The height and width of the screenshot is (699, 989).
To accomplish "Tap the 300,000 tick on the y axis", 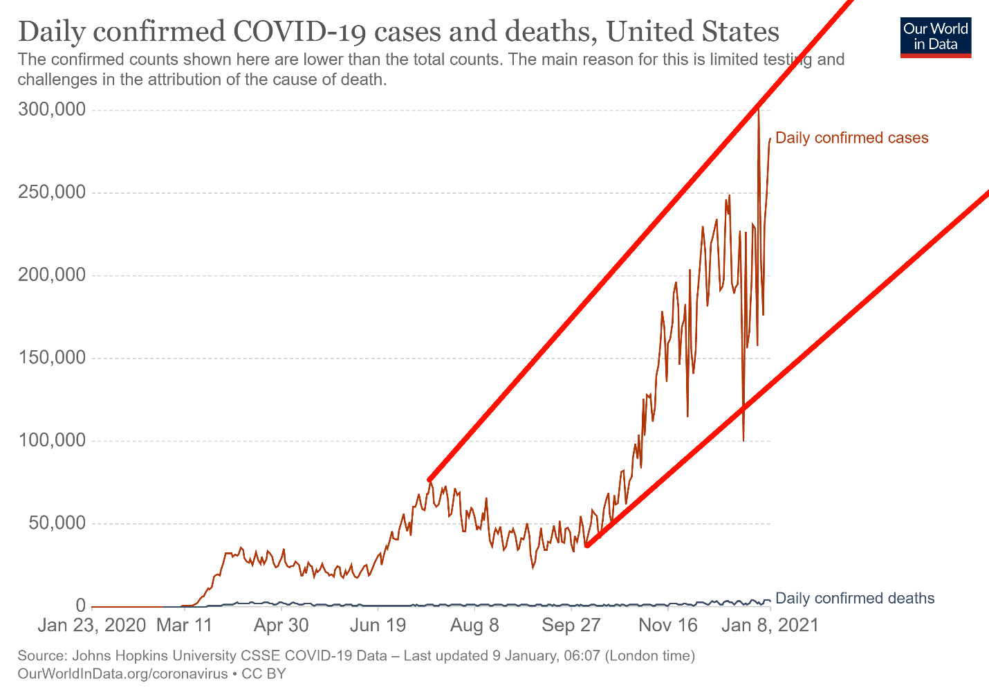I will pyautogui.click(x=53, y=110).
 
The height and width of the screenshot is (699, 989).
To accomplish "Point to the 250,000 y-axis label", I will pyautogui.click(x=53, y=192).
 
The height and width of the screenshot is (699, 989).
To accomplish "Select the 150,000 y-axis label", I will pyautogui.click(x=53, y=358).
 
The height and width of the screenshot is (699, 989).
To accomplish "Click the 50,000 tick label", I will pyautogui.click(x=57, y=523).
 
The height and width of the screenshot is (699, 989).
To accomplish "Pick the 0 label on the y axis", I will pyautogui.click(x=80, y=606).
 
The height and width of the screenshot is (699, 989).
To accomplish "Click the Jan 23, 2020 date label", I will pyautogui.click(x=92, y=626).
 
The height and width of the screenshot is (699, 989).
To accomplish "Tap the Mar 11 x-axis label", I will pyautogui.click(x=185, y=626).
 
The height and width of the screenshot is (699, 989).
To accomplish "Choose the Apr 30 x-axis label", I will pyautogui.click(x=281, y=626).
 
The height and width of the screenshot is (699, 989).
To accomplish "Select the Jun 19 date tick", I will pyautogui.click(x=378, y=626).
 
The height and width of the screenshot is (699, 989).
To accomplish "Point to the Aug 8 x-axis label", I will pyautogui.click(x=474, y=626).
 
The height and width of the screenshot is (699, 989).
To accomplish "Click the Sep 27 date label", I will pyautogui.click(x=571, y=626).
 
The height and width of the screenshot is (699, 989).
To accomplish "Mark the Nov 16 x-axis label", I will pyautogui.click(x=668, y=626).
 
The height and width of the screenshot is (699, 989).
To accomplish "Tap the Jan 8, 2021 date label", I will pyautogui.click(x=770, y=626).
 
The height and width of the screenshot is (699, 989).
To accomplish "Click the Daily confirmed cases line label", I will pyautogui.click(x=851, y=138).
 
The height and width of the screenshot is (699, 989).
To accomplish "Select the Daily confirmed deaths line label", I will pyautogui.click(x=855, y=599).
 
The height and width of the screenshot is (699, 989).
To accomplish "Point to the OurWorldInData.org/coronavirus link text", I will pyautogui.click(x=122, y=673).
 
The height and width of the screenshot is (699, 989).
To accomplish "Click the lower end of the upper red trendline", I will pyautogui.click(x=429, y=480).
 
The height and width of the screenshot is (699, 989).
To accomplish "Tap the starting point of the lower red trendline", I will pyautogui.click(x=586, y=545).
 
